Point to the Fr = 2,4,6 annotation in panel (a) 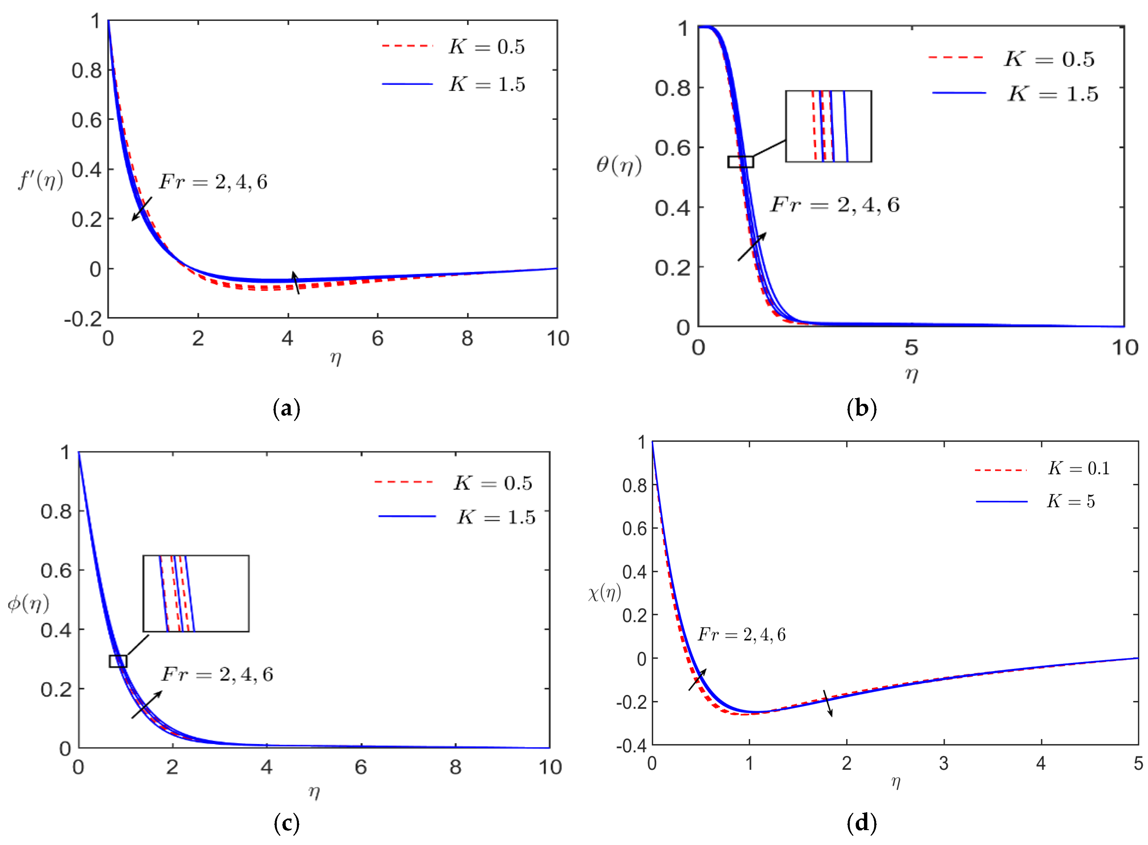212,182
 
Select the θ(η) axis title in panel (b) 618,165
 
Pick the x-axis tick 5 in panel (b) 911,348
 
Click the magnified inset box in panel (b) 828,126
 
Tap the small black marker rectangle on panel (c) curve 118,661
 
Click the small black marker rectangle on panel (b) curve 740,162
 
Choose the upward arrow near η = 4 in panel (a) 295,282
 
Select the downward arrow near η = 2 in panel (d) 827,703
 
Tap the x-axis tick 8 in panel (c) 455,767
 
